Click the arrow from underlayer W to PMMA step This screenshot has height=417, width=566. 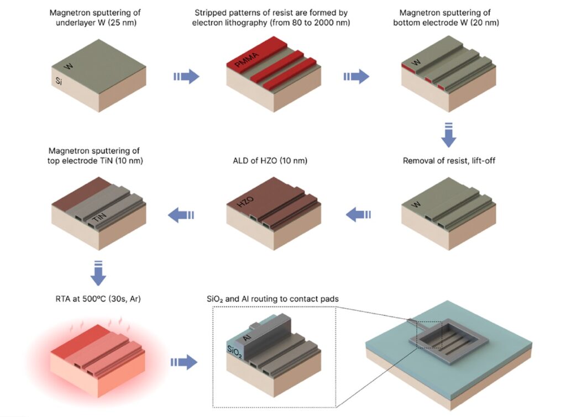(186, 76)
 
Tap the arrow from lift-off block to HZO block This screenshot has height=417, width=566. (359, 214)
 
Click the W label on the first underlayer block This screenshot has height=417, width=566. (69, 67)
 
